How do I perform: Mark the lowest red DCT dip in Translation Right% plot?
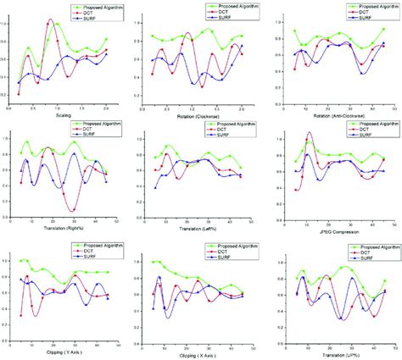(x=74, y=210)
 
